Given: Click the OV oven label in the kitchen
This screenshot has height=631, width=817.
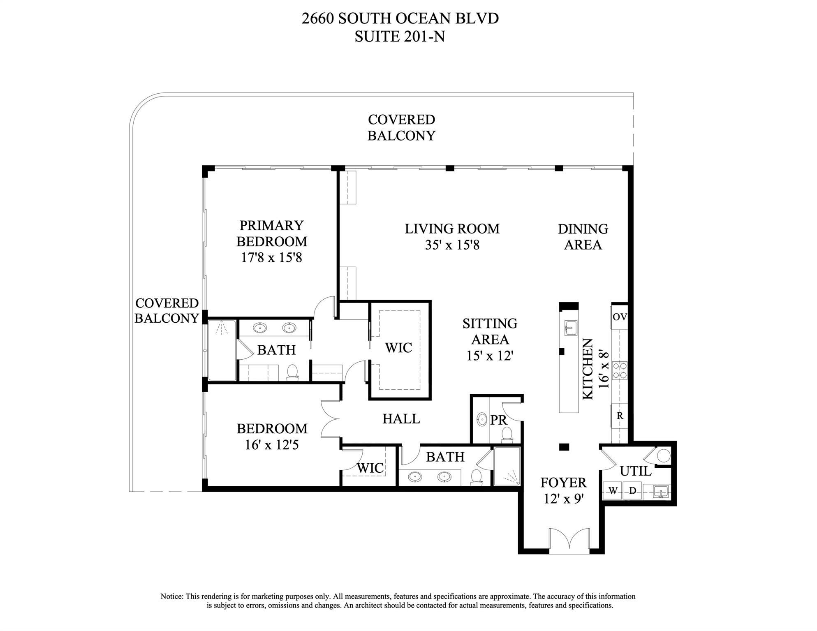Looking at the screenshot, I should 619,317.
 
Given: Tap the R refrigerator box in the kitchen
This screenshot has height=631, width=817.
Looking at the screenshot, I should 620,416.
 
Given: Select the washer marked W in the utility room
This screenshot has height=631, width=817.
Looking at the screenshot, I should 613,490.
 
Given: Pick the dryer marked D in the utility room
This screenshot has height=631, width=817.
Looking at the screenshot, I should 632,490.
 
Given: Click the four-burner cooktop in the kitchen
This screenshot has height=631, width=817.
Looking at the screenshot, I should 620,370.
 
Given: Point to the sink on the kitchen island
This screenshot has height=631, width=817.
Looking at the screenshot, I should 570,328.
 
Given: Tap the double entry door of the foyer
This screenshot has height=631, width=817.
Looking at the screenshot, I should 569,539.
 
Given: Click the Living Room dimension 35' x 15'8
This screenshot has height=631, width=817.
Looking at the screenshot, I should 452,245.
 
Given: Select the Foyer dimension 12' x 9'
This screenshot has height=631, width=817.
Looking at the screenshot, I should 564,499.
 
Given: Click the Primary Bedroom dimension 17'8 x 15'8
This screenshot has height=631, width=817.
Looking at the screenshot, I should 271,258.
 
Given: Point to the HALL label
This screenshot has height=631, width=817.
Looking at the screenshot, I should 401,419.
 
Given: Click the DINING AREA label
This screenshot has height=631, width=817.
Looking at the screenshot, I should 583,237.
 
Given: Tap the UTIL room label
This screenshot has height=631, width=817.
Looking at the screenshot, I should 635,471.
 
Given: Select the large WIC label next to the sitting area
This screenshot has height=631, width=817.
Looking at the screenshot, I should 398,348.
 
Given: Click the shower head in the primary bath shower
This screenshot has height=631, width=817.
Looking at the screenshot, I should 222,328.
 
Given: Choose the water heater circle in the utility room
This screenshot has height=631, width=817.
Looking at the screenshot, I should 663,456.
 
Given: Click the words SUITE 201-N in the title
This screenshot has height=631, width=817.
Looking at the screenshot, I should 400,37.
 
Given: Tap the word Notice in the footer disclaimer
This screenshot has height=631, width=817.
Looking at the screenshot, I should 172,596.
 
